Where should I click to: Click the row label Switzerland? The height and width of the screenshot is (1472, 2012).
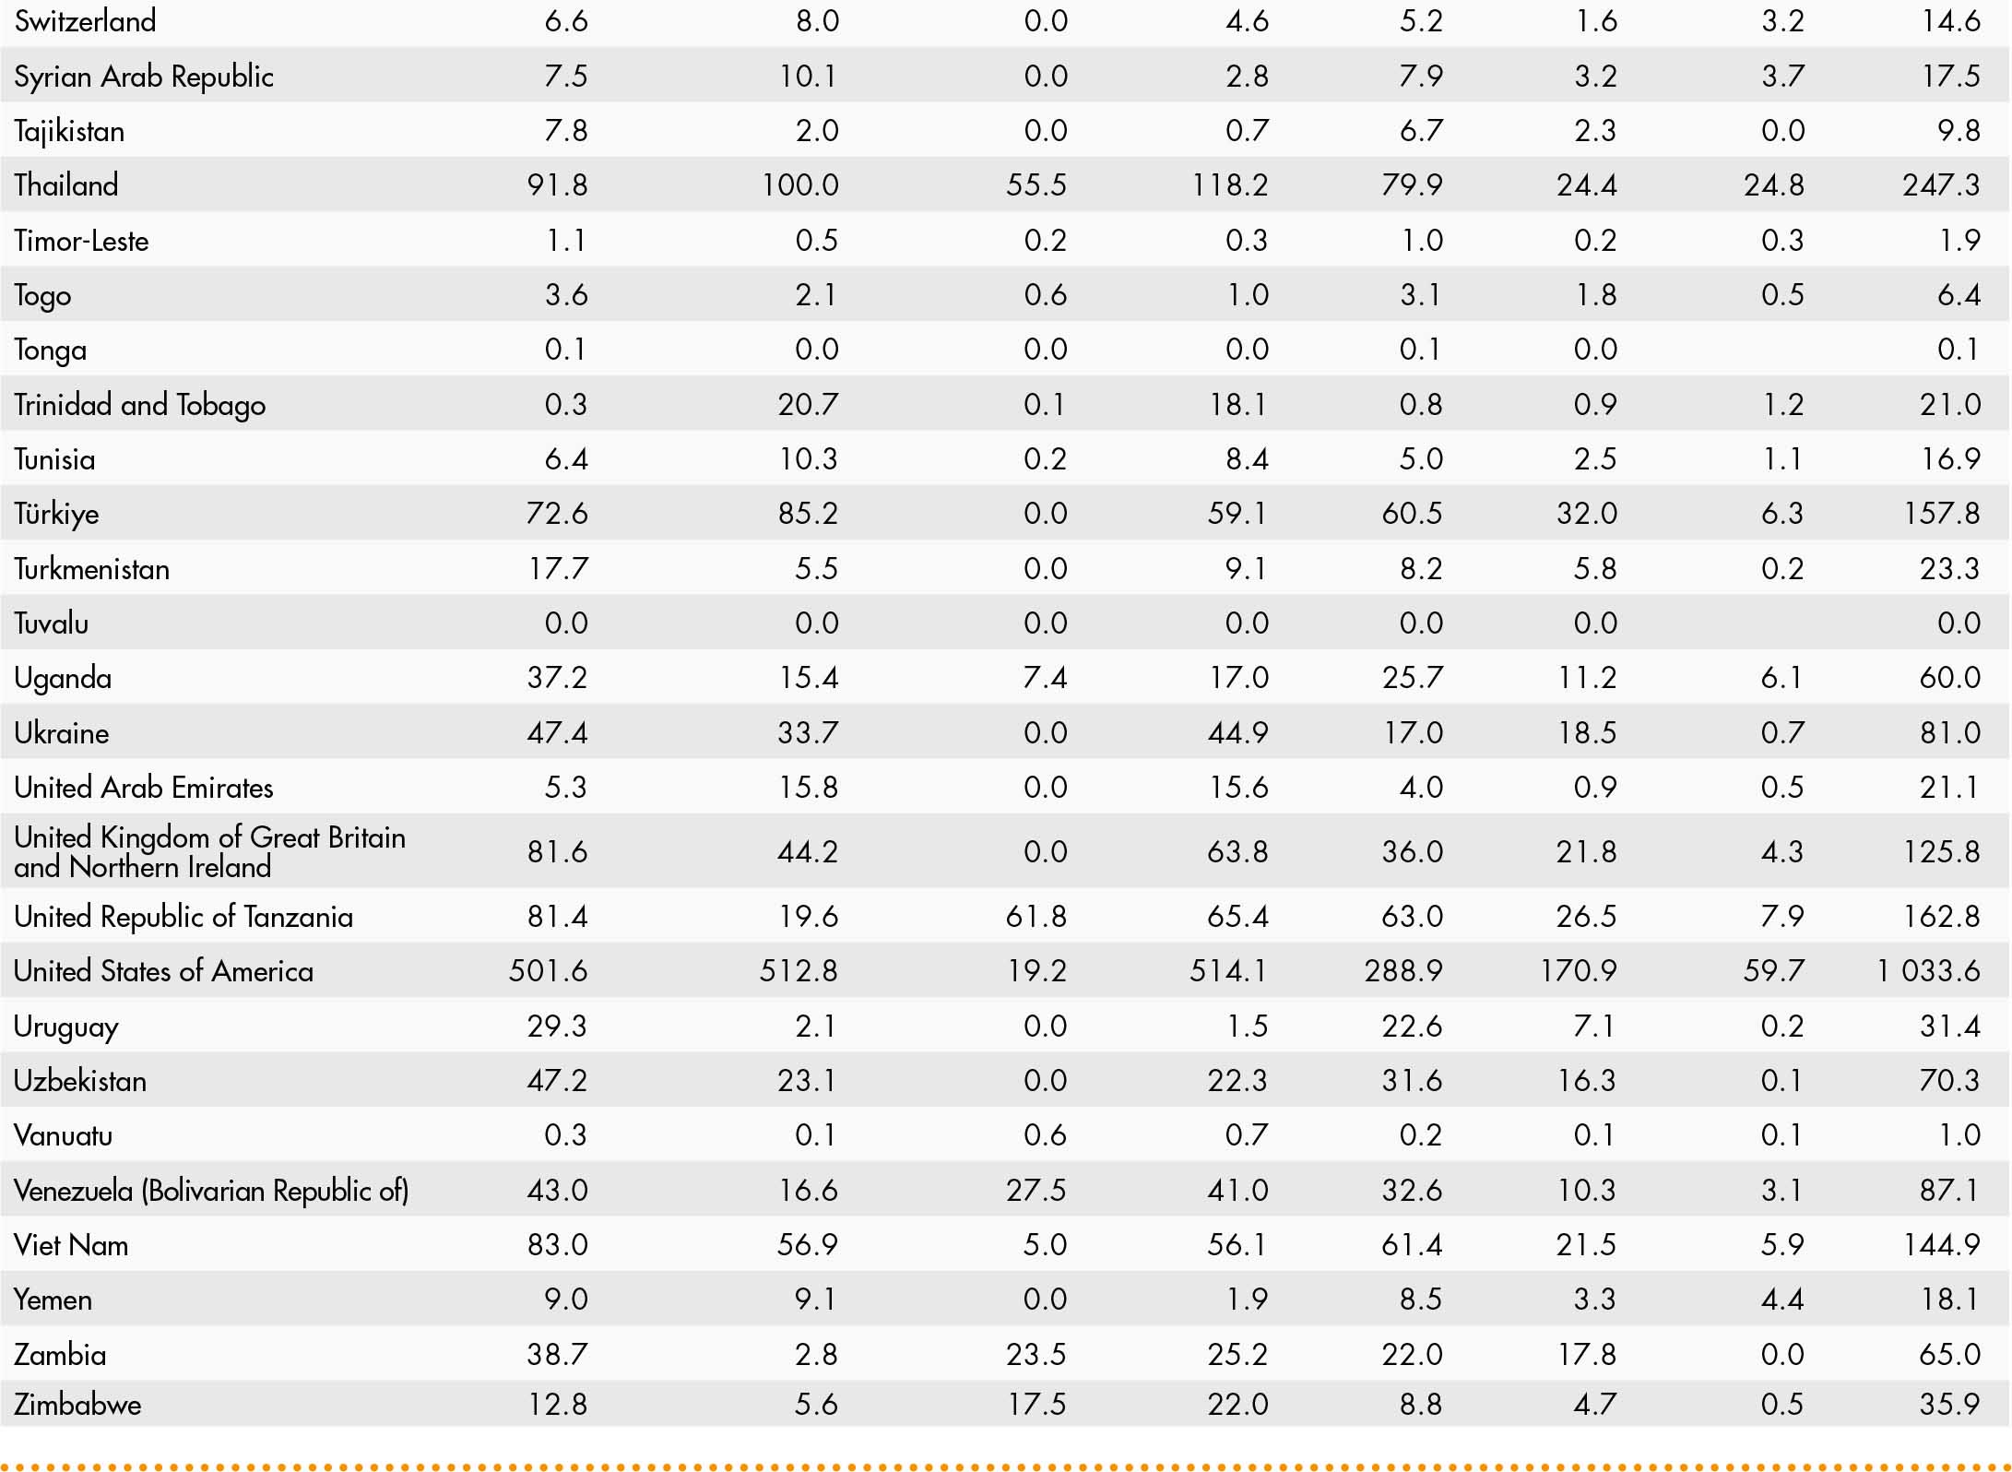tap(85, 21)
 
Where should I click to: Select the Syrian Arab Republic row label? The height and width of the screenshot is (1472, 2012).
tap(144, 77)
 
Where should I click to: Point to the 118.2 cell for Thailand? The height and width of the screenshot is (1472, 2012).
tap(1229, 185)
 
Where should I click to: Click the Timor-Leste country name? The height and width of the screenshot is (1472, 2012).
tap(81, 241)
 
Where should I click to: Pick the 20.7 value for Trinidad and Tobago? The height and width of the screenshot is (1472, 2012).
tap(808, 405)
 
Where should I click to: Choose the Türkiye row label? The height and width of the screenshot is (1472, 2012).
tap(56, 514)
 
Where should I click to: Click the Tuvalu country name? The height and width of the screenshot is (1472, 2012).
tap(51, 623)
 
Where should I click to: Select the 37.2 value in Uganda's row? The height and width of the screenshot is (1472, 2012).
tap(557, 678)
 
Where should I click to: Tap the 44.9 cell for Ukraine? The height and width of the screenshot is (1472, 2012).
tap(1237, 733)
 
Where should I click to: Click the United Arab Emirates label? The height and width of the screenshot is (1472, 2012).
tap(144, 788)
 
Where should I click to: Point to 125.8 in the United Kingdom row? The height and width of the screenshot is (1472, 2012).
tap(1941, 851)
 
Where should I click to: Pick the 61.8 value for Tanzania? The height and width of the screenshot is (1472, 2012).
tap(1036, 917)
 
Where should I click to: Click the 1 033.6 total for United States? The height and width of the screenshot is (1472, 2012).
tap(1928, 971)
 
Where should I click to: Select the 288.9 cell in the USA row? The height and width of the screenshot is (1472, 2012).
tap(1402, 971)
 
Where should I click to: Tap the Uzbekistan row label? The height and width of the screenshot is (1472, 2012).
tap(80, 1081)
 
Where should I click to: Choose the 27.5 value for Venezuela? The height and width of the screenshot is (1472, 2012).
tap(1036, 1191)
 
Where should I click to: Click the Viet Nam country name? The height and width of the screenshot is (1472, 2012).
tap(71, 1245)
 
